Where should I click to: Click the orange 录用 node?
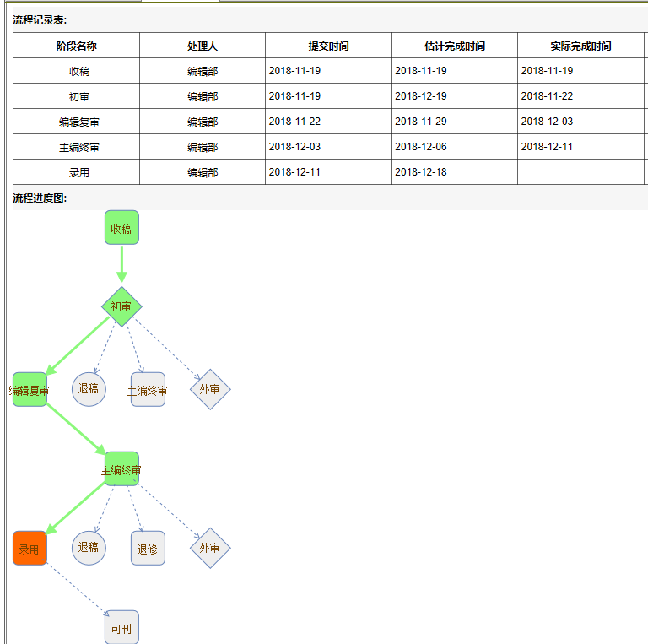click(x=30, y=548)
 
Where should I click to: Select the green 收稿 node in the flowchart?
click(x=121, y=227)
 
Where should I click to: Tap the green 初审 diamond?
click(x=121, y=306)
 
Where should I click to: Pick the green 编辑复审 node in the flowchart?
click(x=30, y=389)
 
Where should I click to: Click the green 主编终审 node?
click(x=121, y=468)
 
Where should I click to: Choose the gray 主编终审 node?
click(x=148, y=389)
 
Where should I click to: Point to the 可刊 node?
click(x=121, y=627)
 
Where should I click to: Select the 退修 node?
click(x=148, y=548)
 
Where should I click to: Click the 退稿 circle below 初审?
click(x=89, y=389)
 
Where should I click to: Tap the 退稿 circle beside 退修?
click(x=89, y=548)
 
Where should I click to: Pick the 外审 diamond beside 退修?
click(x=210, y=548)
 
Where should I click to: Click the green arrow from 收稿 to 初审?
click(x=121, y=265)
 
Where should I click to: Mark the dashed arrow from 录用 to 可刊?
click(x=76, y=588)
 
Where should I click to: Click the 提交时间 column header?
click(x=328, y=46)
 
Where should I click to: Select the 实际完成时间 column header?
click(x=580, y=46)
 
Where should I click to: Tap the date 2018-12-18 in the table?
click(x=421, y=172)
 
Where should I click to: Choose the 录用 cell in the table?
click(x=79, y=172)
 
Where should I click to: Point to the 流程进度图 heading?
click(x=40, y=198)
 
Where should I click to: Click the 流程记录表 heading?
click(x=40, y=20)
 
